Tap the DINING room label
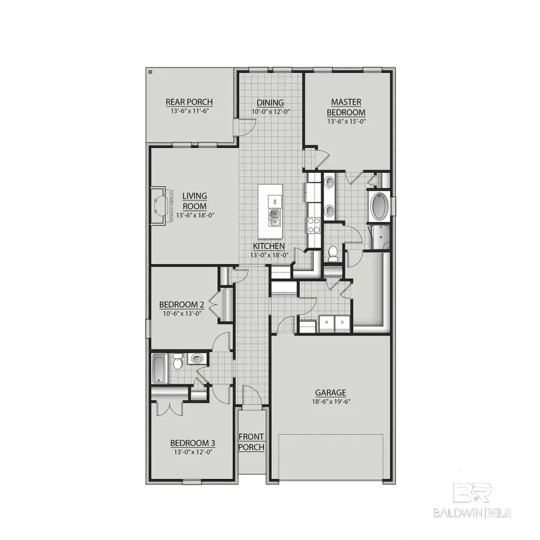tap(270, 103)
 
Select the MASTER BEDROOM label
tap(346, 107)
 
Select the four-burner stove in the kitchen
tap(314, 225)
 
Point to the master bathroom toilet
tap(333, 253)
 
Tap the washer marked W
tap(327, 322)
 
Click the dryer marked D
tap(342, 322)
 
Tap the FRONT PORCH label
tap(251, 442)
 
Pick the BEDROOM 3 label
tap(193, 443)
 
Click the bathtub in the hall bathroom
tap(159, 367)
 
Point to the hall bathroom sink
tap(197, 359)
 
